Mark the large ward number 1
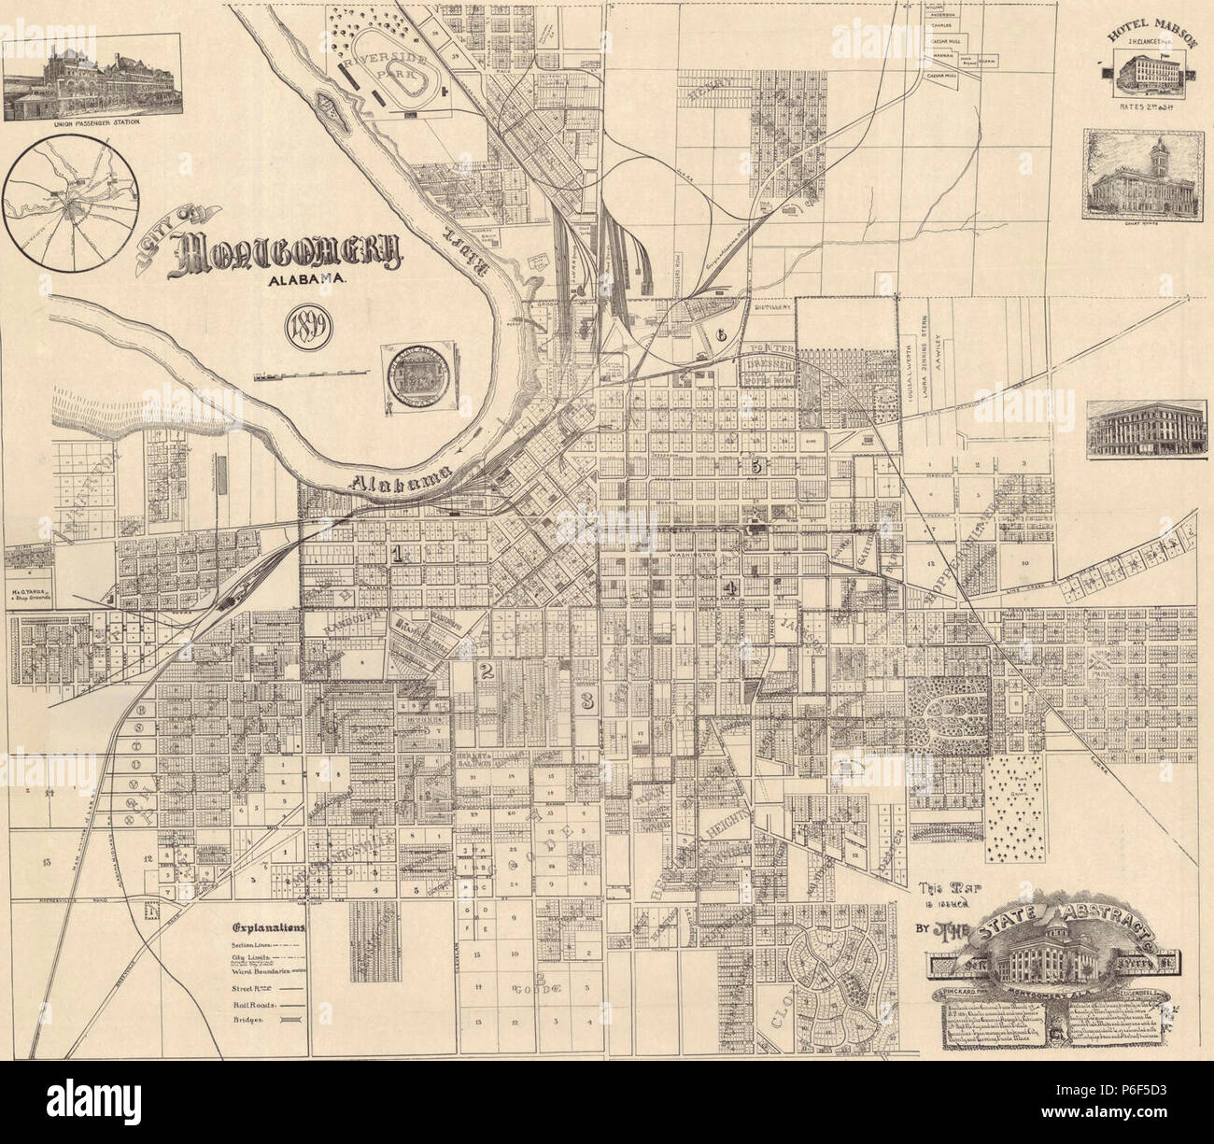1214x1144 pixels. (x=399, y=555)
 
